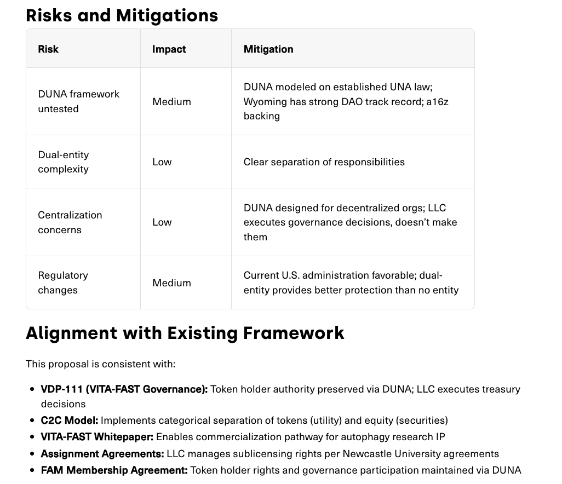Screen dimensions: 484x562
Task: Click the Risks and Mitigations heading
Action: click(x=122, y=15)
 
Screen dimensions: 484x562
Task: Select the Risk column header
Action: click(x=48, y=49)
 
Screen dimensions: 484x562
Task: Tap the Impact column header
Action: click(x=169, y=49)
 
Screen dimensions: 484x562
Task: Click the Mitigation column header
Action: click(x=268, y=49)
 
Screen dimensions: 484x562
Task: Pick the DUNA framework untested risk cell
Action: click(x=78, y=101)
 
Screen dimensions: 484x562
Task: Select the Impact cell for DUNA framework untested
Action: click(x=171, y=101)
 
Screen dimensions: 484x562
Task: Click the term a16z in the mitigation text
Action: click(x=438, y=101)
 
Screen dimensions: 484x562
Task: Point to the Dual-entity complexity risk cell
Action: click(x=64, y=162)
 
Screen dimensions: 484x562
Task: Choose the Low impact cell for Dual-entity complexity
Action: click(x=162, y=162)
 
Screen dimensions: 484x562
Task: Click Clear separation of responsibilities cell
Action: click(x=324, y=162)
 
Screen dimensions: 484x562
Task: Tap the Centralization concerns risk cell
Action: click(x=70, y=222)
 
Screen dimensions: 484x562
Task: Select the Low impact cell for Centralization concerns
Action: click(x=162, y=222)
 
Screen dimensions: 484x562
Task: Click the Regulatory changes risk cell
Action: click(x=63, y=283)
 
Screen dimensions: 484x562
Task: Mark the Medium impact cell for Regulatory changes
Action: click(x=171, y=283)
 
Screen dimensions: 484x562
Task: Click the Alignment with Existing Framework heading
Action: click(x=185, y=332)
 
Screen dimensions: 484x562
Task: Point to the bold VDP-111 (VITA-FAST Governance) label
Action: click(x=124, y=389)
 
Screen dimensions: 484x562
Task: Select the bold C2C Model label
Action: click(x=70, y=420)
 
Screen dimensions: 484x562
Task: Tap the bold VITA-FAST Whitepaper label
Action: click(x=97, y=437)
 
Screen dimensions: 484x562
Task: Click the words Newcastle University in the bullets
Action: click(x=390, y=453)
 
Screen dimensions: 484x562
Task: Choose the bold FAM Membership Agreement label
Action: click(x=114, y=470)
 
